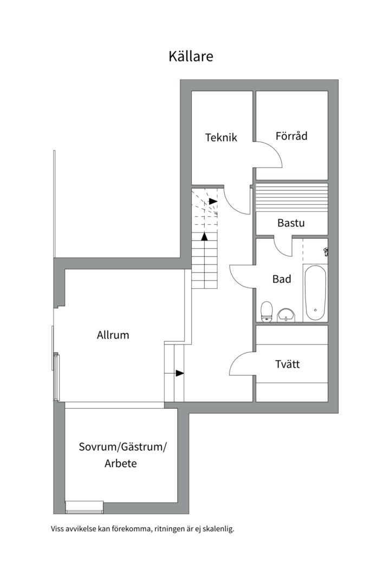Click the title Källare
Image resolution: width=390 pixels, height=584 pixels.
tap(191, 56)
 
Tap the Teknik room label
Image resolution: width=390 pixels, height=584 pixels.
tap(221, 137)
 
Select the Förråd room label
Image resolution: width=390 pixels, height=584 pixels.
tap(291, 136)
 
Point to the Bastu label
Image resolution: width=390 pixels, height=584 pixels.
tap(291, 223)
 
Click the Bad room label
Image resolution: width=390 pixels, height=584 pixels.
tap(282, 279)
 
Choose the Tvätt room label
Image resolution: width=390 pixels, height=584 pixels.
tap(287, 364)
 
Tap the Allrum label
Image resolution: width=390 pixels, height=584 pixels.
tap(113, 335)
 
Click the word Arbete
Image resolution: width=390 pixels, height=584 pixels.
tap(120, 463)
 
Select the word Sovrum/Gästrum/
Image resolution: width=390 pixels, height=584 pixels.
tap(123, 447)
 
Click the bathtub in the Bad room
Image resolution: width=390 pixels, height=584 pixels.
tap(315, 293)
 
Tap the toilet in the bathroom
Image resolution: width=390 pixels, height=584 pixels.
tap(266, 311)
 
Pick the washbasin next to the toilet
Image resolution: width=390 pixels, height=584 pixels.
tap(286, 314)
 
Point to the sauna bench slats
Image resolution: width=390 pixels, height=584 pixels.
tap(291, 193)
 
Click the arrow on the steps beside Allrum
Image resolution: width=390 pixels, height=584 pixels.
tap(179, 373)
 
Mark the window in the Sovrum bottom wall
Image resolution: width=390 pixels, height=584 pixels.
tap(84, 507)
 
